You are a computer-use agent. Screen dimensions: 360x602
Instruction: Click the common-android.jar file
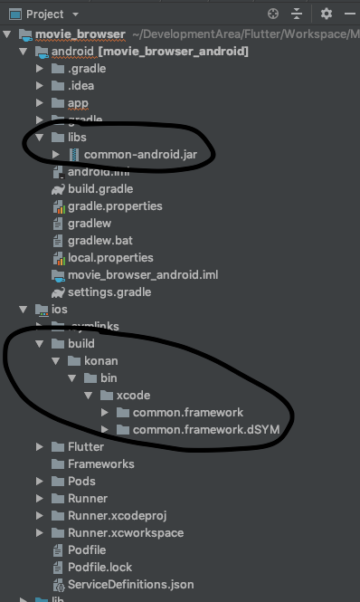pyautogui.click(x=129, y=155)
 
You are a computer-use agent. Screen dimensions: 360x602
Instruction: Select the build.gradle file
pyautogui.click(x=99, y=189)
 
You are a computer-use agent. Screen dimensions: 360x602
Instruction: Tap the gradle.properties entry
pyautogui.click(x=115, y=206)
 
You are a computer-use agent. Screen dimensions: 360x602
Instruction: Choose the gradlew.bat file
pyautogui.click(x=99, y=241)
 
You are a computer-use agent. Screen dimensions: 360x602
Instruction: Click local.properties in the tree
pyautogui.click(x=110, y=258)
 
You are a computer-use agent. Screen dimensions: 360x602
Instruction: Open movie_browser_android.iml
pyautogui.click(x=142, y=275)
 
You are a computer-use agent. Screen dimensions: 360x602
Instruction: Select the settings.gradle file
pyautogui.click(x=109, y=292)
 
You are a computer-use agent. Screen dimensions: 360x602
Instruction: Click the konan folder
pyautogui.click(x=100, y=361)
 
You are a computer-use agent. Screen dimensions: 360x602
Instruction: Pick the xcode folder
pyautogui.click(x=132, y=396)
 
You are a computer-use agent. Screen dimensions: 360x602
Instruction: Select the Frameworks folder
pyautogui.click(x=100, y=463)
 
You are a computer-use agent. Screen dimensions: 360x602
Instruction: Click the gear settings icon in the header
pyautogui.click(x=327, y=14)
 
